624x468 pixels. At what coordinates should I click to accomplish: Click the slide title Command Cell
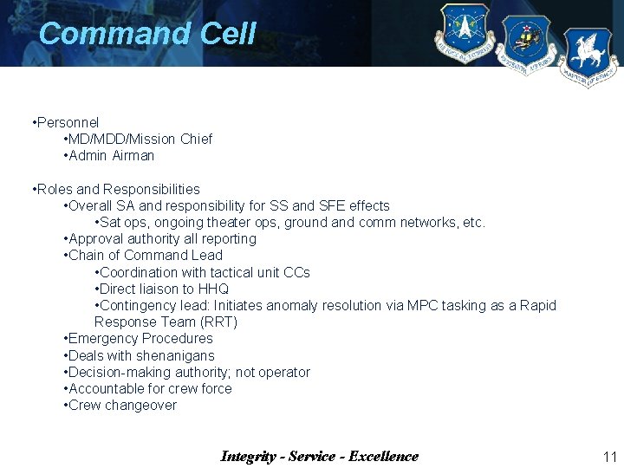coord(147,34)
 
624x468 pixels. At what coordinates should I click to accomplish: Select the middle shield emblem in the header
coord(526,44)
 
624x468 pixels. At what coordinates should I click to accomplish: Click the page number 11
coord(608,457)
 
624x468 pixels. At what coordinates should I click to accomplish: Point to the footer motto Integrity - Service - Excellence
coord(319,457)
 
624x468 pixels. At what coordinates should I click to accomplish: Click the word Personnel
coord(68,123)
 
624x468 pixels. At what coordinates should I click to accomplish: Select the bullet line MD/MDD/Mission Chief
coord(140,140)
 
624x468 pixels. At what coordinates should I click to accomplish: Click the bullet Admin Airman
coord(111,156)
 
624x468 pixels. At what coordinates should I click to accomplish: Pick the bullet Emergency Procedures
coord(140,339)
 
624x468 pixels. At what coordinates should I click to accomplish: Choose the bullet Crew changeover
coord(121,406)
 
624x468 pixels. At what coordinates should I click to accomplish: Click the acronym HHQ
coord(213,289)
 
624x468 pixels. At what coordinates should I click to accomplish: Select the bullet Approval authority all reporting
coord(161,239)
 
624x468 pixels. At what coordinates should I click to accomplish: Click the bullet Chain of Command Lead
coord(145,256)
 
